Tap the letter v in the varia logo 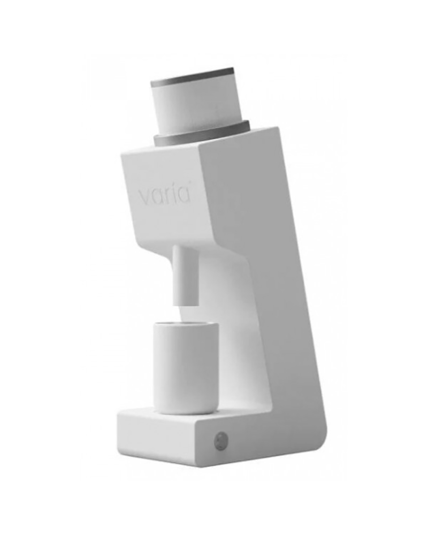145,196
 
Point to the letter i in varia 176,194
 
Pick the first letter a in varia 158,196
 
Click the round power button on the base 220,441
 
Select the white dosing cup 185,369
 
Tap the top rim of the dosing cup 185,325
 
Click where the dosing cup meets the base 184,413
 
